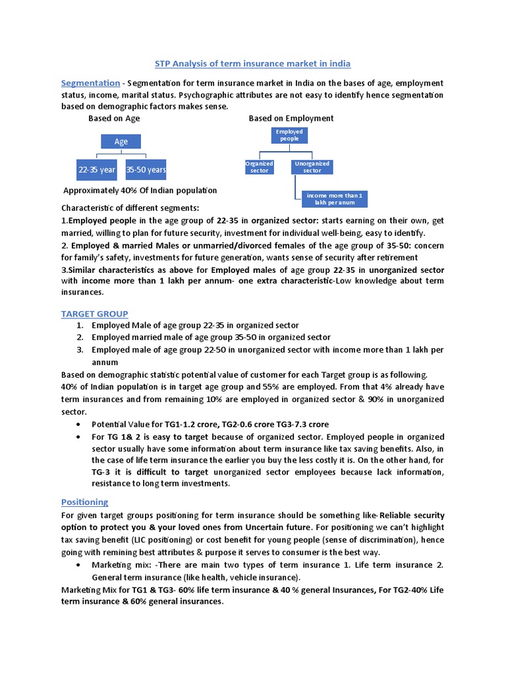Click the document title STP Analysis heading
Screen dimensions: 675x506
click(252, 64)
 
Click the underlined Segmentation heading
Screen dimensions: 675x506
click(90, 83)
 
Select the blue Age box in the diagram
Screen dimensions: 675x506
click(121, 142)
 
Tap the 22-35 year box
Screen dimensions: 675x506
click(97, 170)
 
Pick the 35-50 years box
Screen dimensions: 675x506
click(146, 170)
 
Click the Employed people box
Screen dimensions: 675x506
click(289, 135)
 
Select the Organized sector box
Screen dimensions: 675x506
click(260, 167)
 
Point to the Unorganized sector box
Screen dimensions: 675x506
click(312, 167)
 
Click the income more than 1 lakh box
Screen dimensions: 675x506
click(334, 199)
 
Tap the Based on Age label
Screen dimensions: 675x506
click(114, 119)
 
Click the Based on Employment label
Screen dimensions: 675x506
click(291, 119)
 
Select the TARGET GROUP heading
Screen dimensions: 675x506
click(94, 314)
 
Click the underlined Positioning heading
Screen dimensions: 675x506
click(84, 502)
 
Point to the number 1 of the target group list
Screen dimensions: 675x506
click(79, 326)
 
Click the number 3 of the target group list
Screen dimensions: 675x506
click(79, 350)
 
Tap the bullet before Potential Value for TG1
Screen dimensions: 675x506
click(80, 425)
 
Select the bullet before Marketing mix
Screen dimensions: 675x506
click(80, 566)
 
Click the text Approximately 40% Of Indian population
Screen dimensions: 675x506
click(140, 191)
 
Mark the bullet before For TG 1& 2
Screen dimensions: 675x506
click(80, 437)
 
